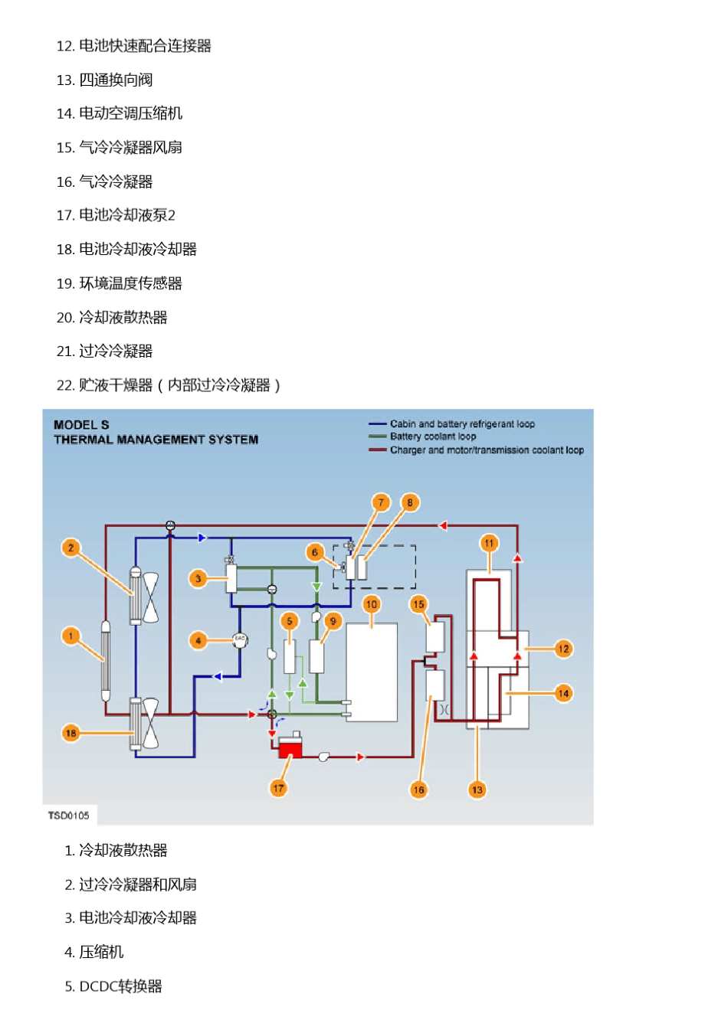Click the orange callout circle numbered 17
pos(278,787)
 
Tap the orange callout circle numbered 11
pos(489,543)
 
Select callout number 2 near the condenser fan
pos(71,548)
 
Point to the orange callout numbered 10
pos(372,603)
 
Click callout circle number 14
pos(563,693)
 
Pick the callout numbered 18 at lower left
pos(71,733)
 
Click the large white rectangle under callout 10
pos(372,672)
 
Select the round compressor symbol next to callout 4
pos(240,639)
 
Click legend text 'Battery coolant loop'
pos(433,437)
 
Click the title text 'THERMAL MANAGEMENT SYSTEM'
pos(156,440)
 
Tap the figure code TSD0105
pos(69,815)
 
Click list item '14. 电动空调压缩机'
pos(120,113)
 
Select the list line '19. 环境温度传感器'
pos(120,283)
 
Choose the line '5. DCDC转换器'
pos(113,986)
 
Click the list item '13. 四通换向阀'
pos(105,80)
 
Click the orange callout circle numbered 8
pos(410,503)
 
